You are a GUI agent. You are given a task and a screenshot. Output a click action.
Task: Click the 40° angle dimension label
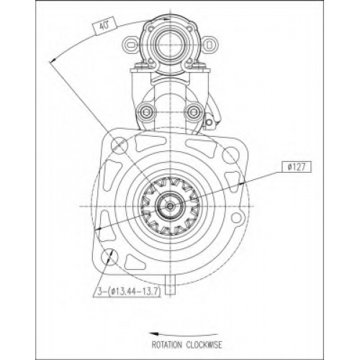(104, 26)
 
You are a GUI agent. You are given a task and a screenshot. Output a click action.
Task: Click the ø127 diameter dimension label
(297, 167)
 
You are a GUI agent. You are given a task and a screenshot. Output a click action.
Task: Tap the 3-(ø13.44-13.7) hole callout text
(129, 292)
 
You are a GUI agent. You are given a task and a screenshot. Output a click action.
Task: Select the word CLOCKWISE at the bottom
(204, 345)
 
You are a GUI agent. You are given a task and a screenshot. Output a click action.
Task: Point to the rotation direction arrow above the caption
(184, 334)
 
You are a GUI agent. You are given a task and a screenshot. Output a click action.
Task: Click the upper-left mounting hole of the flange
(120, 145)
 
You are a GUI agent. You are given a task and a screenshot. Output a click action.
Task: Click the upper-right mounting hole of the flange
(230, 155)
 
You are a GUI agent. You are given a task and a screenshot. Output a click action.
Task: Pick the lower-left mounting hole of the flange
(109, 258)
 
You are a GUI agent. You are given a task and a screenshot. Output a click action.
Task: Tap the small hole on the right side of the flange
(236, 217)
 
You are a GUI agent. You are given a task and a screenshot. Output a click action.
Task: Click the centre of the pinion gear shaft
(170, 206)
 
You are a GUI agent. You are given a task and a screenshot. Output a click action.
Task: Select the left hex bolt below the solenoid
(145, 112)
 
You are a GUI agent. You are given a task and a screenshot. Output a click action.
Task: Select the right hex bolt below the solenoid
(193, 112)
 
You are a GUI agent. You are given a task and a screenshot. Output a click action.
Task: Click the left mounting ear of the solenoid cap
(131, 45)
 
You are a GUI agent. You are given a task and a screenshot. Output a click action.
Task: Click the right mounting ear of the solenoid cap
(208, 45)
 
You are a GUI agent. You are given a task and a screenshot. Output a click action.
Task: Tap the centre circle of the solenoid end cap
(170, 45)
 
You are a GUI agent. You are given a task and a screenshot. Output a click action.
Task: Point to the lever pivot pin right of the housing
(210, 122)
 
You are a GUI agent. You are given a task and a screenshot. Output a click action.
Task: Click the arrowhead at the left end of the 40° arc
(53, 60)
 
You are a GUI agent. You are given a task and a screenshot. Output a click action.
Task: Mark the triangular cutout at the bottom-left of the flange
(135, 263)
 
